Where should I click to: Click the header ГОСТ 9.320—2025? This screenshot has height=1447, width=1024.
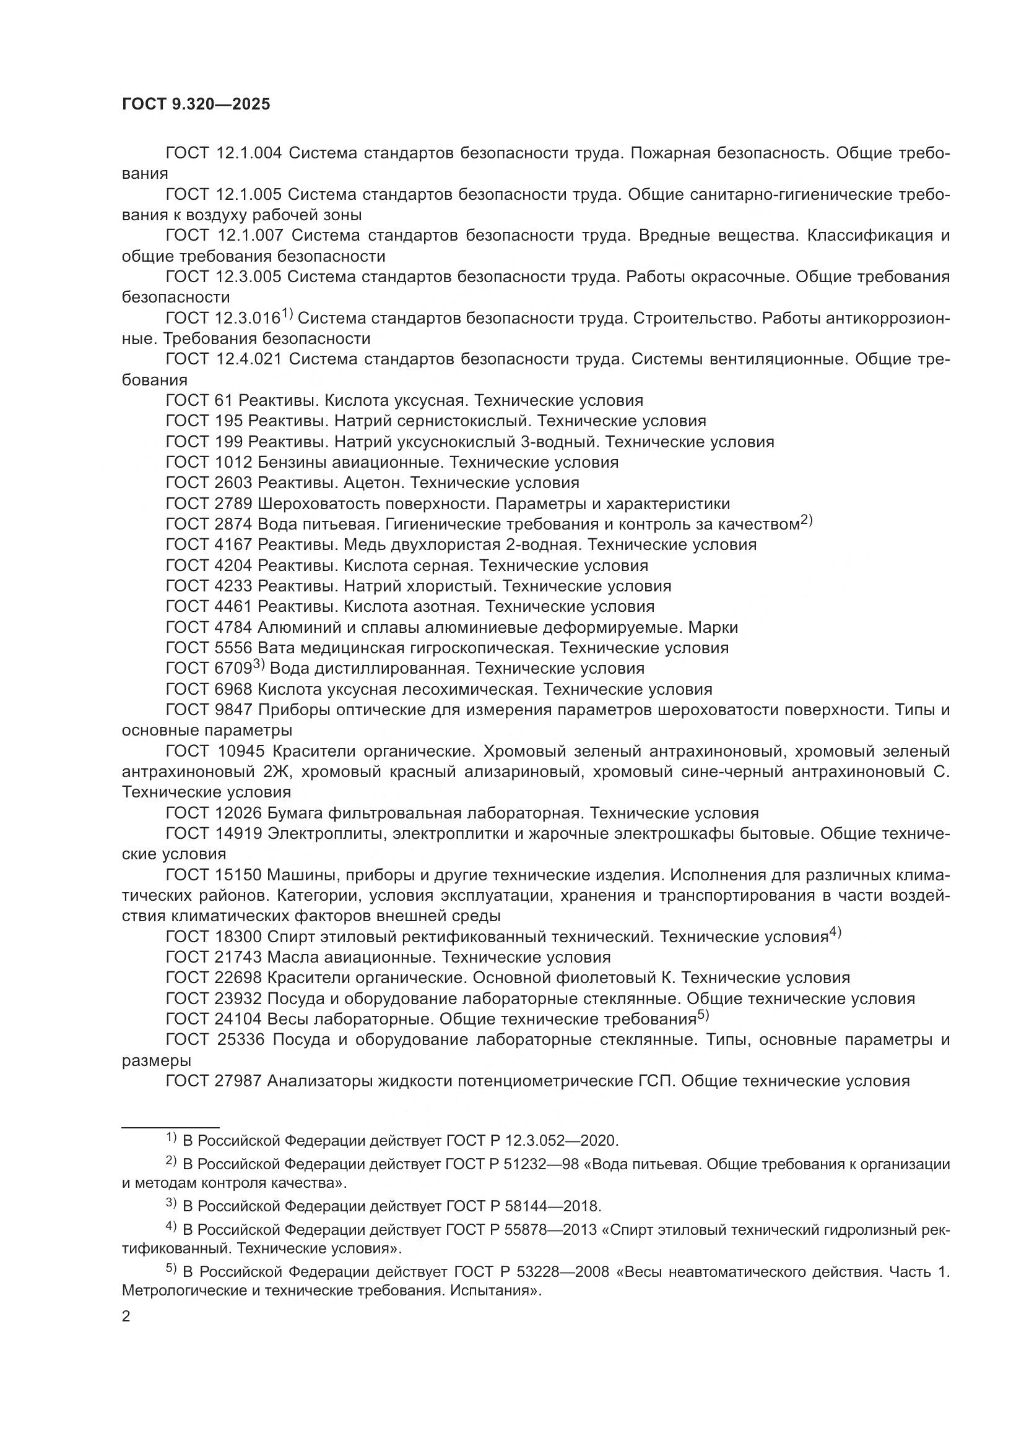coord(196,105)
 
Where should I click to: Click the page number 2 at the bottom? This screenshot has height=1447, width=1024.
coord(126,1316)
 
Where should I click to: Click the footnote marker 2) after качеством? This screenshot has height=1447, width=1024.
coord(807,520)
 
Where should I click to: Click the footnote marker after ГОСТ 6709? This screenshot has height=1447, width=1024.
coord(259,664)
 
